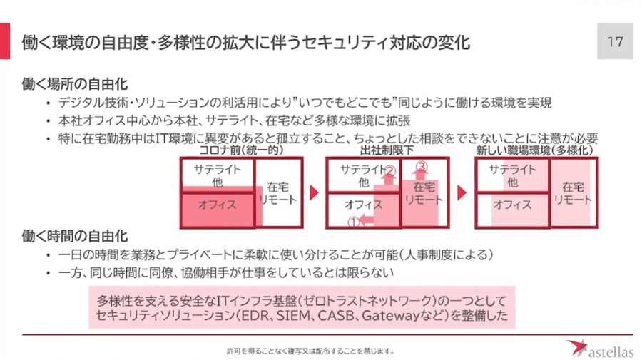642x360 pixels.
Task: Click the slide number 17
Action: (x=615, y=41)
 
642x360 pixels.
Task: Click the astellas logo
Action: (x=598, y=348)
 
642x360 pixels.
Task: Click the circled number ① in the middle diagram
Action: (x=351, y=222)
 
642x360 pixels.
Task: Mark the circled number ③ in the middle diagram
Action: (x=421, y=167)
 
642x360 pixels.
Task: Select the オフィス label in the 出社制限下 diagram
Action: (x=363, y=205)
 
